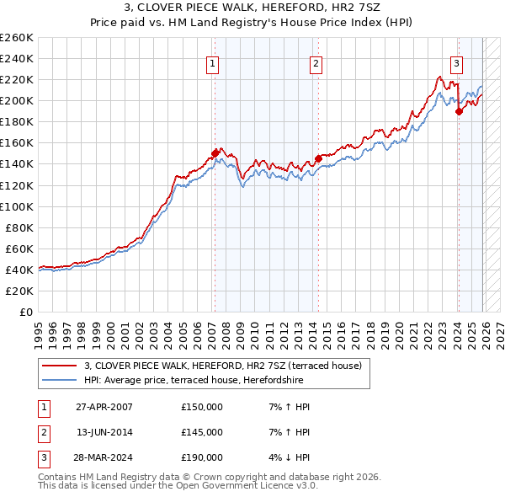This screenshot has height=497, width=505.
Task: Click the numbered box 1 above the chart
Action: (214, 63)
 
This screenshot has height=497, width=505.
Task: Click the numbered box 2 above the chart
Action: (316, 63)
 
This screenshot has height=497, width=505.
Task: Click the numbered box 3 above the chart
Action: (456, 63)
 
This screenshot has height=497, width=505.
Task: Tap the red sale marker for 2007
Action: (215, 153)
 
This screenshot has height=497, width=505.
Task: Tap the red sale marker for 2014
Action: (319, 158)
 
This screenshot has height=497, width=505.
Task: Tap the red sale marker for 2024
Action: (459, 111)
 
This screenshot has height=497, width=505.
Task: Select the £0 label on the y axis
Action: (25, 312)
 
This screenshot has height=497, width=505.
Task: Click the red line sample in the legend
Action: (59, 366)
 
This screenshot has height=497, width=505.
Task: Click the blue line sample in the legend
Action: (59, 379)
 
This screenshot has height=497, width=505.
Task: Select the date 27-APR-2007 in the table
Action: (104, 408)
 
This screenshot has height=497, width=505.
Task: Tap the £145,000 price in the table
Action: (202, 432)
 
